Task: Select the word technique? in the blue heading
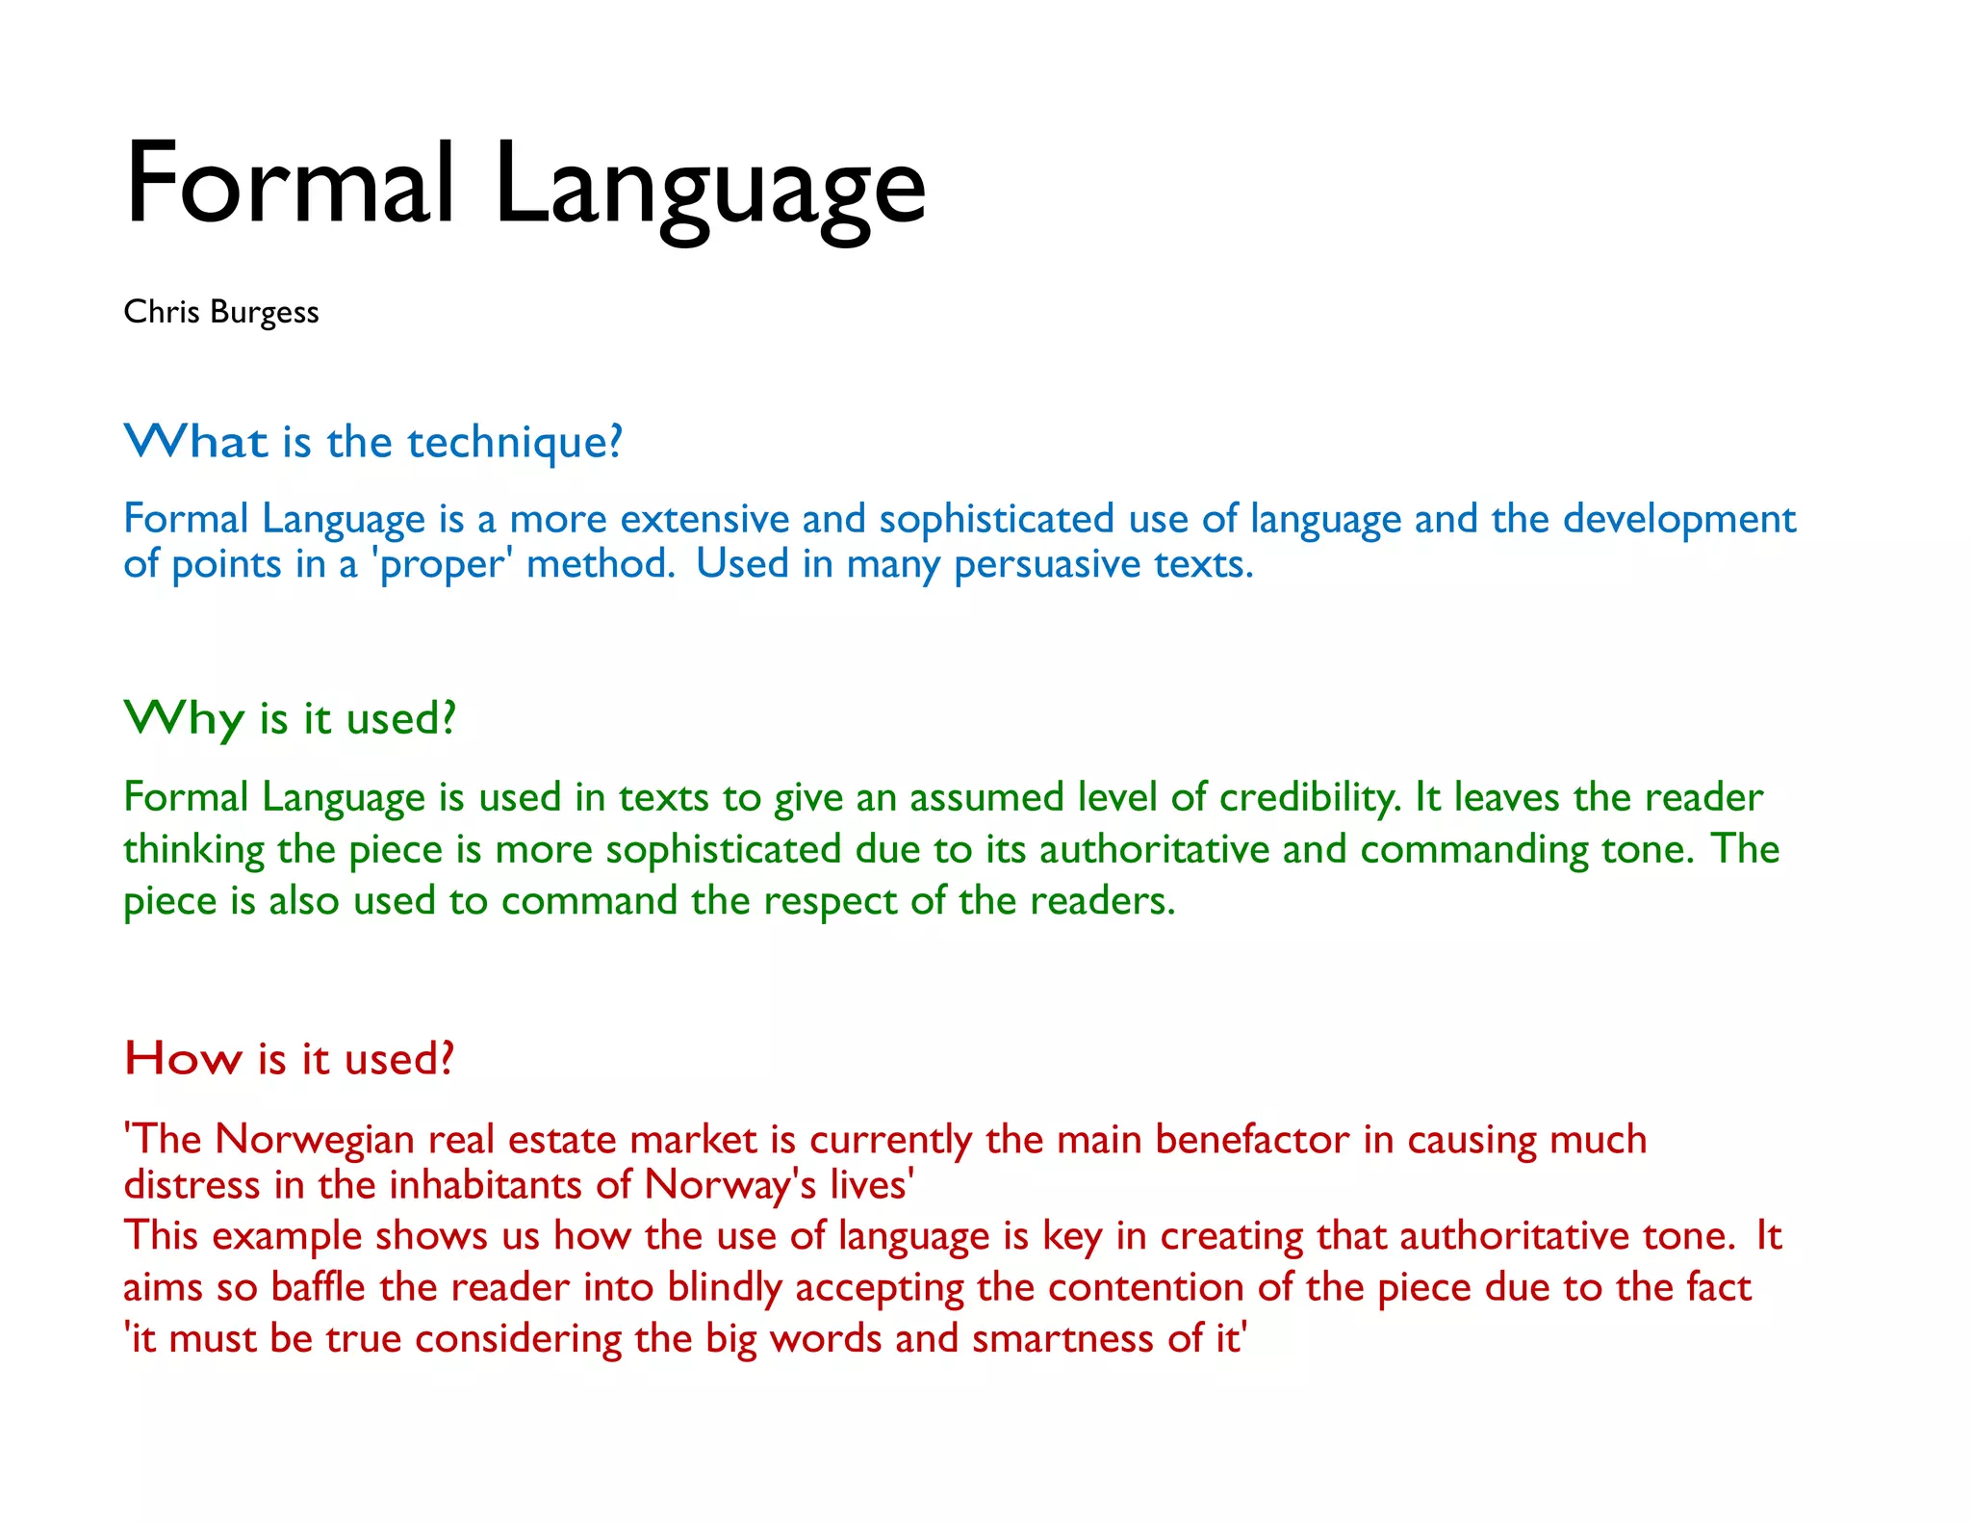click(515, 443)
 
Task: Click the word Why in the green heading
click(184, 718)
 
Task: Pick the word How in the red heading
click(183, 1059)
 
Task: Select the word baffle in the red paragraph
click(318, 1288)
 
